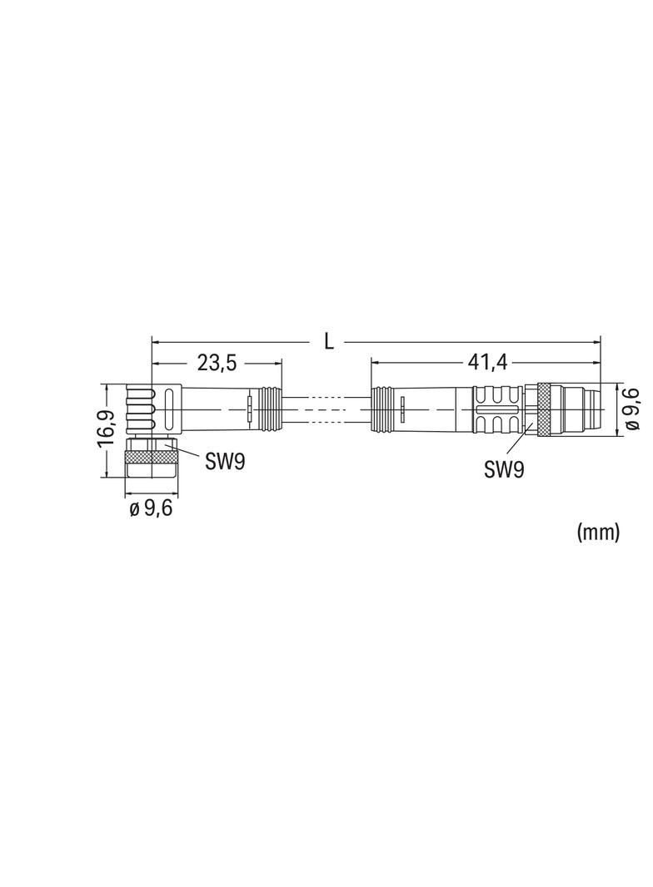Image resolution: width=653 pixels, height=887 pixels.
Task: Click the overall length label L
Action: pyautogui.click(x=328, y=341)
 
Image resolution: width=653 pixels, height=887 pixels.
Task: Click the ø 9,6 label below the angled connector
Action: pyautogui.click(x=151, y=508)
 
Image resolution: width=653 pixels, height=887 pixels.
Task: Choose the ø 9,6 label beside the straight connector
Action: pyautogui.click(x=632, y=409)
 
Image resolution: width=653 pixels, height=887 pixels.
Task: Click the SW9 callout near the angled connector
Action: pyautogui.click(x=225, y=462)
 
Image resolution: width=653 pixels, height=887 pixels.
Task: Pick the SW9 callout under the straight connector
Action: pyautogui.click(x=503, y=469)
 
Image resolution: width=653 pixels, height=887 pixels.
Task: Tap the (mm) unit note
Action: pyautogui.click(x=598, y=533)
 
